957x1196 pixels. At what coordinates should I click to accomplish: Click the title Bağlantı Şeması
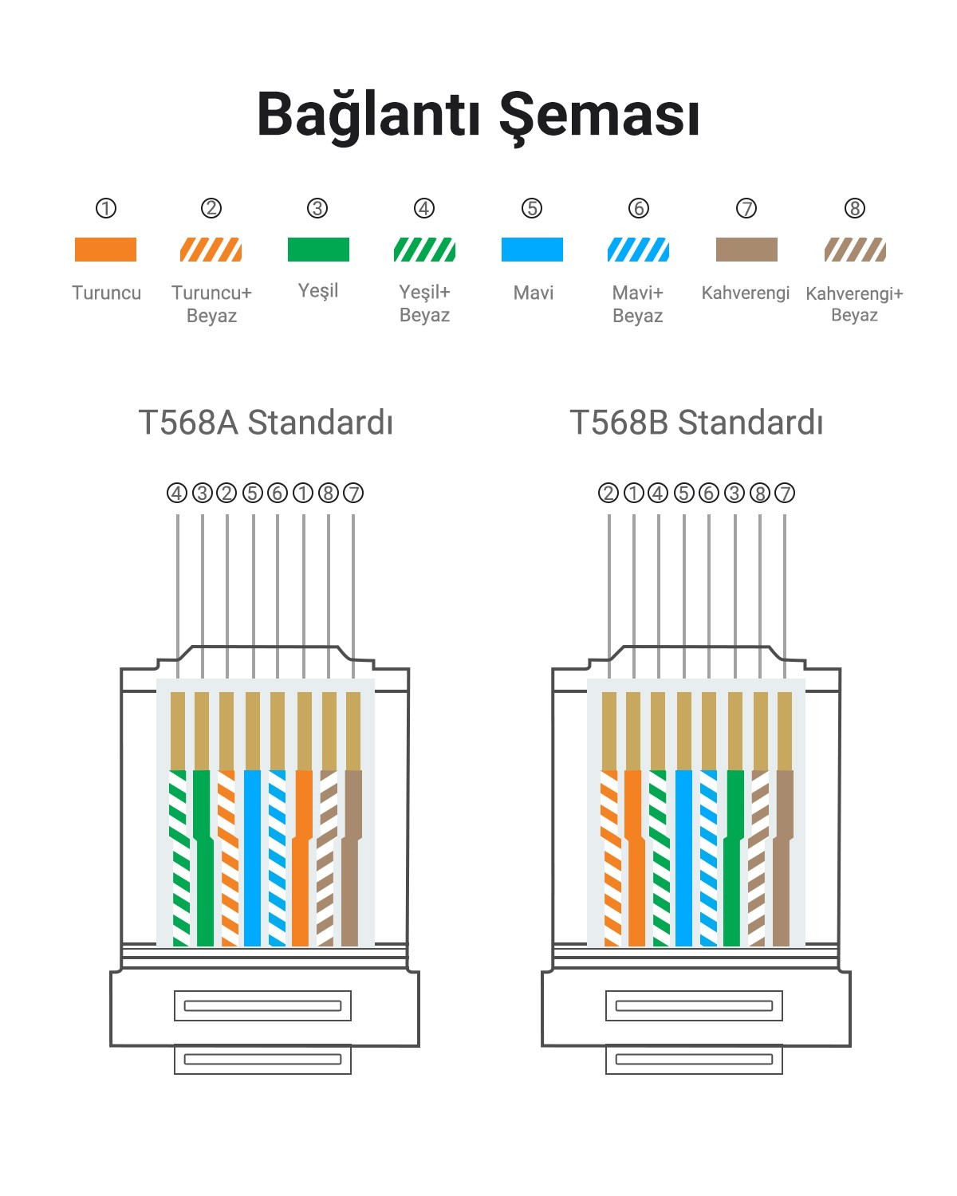[478, 116]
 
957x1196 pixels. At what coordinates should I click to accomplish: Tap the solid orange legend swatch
[105, 250]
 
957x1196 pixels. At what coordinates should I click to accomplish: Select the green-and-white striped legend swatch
[424, 250]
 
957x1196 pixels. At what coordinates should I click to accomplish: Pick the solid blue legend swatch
[532, 250]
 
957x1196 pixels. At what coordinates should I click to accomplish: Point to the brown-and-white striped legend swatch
[855, 250]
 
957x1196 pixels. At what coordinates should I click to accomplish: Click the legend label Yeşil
[318, 291]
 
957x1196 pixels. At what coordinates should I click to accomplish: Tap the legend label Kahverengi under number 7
[745, 293]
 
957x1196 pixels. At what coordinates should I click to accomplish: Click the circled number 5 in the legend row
[532, 208]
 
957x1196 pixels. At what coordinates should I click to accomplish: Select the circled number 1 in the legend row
[105, 208]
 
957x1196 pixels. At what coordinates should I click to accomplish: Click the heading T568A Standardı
[266, 423]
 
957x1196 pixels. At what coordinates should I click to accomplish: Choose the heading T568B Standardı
[696, 423]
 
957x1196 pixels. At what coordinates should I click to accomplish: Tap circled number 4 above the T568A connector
[177, 493]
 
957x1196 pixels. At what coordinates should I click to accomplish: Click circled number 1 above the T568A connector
[302, 493]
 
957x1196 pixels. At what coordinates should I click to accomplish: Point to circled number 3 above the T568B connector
[734, 493]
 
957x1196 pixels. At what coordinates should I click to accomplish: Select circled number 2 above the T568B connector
[608, 493]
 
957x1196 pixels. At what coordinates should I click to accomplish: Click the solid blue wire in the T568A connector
[253, 858]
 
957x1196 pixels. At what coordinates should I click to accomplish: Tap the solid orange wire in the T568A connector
[301, 858]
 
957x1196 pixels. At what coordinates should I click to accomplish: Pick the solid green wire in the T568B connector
[733, 858]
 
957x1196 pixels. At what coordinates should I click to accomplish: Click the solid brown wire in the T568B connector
[782, 858]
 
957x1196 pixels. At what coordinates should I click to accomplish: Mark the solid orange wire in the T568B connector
[635, 858]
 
